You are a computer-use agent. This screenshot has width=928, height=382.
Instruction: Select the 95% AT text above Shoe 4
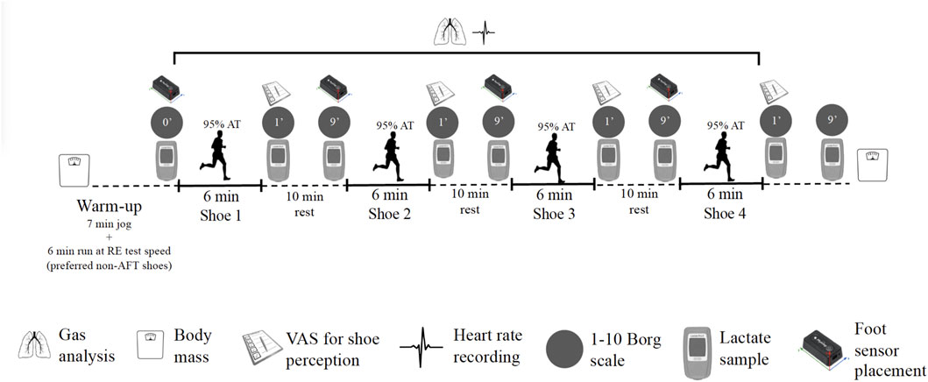point(724,124)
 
